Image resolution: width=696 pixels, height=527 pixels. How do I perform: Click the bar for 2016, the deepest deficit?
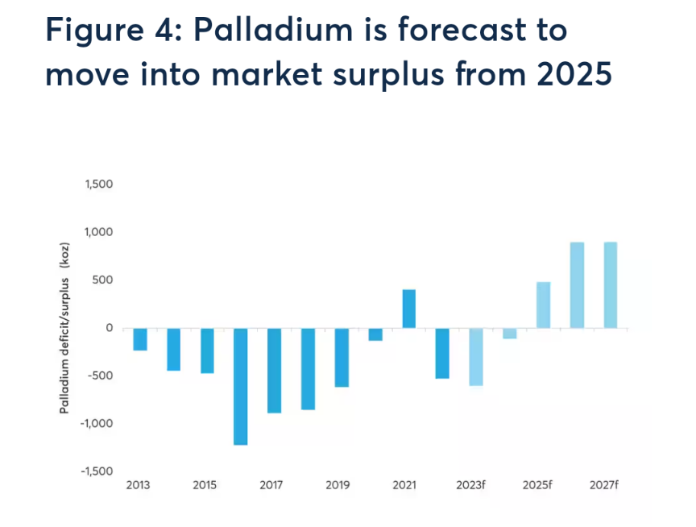pos(241,386)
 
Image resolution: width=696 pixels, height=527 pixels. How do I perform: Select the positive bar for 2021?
pos(408,309)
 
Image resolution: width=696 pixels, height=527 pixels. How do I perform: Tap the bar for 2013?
pos(140,339)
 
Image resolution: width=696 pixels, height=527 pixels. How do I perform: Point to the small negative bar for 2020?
pos(375,334)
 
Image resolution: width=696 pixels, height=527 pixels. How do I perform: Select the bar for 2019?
pos(342,358)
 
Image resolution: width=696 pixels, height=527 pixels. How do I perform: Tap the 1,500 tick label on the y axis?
pos(98,185)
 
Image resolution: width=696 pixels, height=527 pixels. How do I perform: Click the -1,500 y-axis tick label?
pos(97,471)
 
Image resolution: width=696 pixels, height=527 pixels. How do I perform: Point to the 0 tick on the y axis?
pos(109,328)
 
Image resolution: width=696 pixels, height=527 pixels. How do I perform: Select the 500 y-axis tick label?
pos(102,280)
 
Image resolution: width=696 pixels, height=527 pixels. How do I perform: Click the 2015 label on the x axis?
pos(205,485)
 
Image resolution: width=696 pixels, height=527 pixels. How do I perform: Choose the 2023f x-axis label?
pos(470,485)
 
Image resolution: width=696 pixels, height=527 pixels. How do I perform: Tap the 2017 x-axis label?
pos(271,485)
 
